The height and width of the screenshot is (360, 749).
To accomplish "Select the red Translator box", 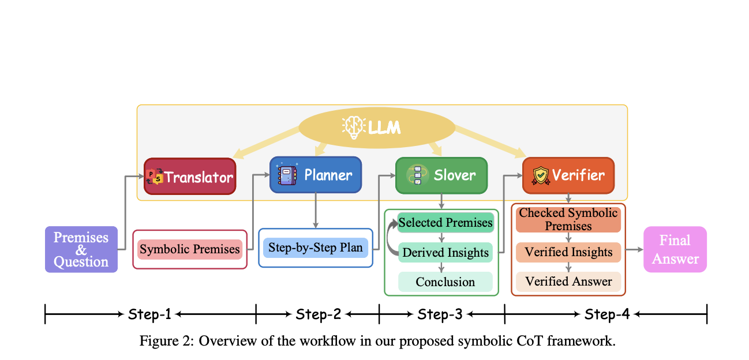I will click(190, 177).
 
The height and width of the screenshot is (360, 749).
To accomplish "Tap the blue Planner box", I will click(316, 175).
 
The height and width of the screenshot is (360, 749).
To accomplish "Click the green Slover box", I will click(441, 175).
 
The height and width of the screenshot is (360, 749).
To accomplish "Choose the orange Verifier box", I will click(568, 175).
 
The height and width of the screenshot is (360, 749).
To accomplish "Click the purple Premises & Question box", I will click(81, 249).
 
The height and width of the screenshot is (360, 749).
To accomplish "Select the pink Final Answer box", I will click(675, 249).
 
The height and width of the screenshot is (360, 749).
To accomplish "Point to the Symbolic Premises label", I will click(190, 249).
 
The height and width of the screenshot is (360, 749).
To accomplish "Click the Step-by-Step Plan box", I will click(315, 247).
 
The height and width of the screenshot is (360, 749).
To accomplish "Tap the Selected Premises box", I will click(445, 223).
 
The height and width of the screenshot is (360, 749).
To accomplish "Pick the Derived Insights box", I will click(445, 252).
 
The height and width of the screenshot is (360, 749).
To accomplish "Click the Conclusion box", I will click(445, 282).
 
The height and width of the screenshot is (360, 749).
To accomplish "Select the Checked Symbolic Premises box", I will click(568, 219).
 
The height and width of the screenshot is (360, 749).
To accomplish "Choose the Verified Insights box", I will click(568, 252).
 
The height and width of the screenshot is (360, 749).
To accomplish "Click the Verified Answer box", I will click(568, 282).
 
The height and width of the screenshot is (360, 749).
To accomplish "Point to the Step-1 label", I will click(149, 314).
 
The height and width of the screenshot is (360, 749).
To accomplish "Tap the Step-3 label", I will click(440, 314).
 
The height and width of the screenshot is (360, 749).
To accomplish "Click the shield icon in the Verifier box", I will click(540, 175).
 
